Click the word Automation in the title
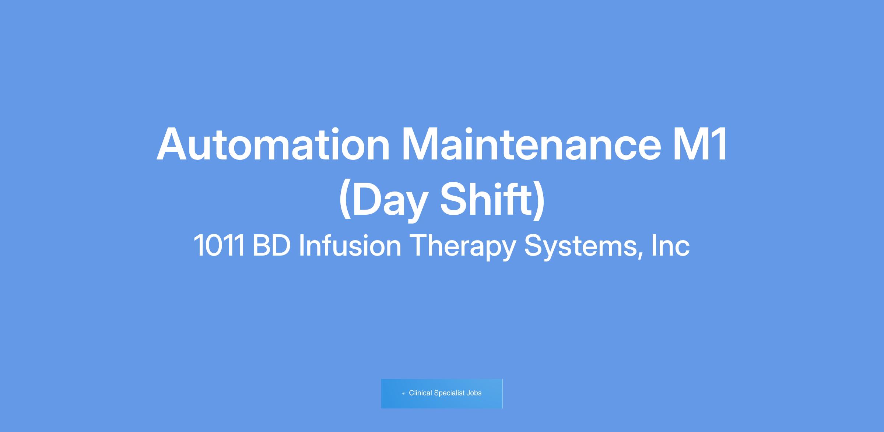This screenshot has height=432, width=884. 273,144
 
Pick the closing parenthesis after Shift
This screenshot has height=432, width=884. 539,201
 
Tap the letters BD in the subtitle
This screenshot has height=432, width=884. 271,245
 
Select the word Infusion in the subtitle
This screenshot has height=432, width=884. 350,245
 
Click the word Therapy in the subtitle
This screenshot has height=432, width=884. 462,247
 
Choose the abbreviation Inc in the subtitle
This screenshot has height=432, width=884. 670,245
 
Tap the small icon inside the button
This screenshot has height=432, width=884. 404,393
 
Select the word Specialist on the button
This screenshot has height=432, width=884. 449,393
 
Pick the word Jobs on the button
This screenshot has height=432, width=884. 474,393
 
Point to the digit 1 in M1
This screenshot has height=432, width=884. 719,144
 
